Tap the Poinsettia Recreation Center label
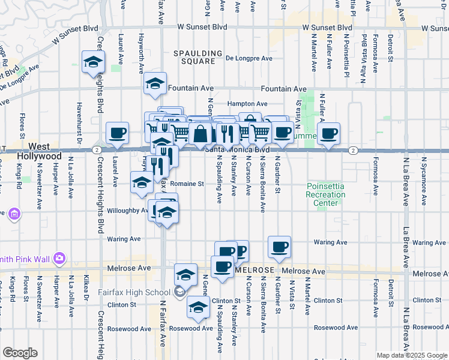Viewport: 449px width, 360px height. pos(326,194)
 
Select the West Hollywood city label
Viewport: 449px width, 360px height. pos(44,151)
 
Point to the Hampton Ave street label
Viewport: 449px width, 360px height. pos(247,104)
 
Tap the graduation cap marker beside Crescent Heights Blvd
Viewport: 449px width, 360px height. pos(93,62)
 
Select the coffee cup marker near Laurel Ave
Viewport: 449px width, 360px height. pos(118,133)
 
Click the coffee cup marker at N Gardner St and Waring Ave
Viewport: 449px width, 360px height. pos(279,247)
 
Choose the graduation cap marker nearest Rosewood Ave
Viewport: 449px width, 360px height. pos(197,308)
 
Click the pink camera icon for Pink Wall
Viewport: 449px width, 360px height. pos(59,259)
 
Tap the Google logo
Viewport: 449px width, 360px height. pos(20,353)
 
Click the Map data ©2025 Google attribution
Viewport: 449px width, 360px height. pos(411,355)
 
